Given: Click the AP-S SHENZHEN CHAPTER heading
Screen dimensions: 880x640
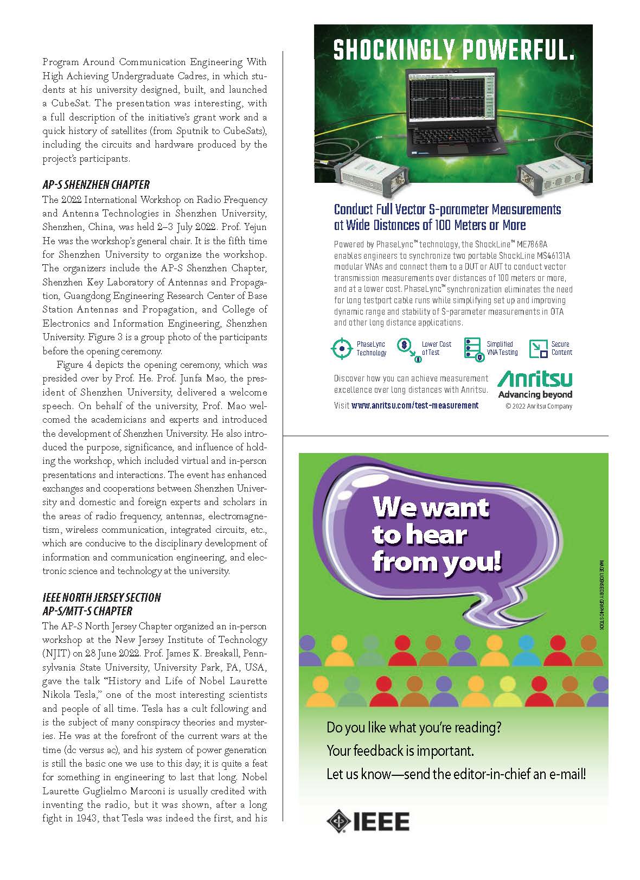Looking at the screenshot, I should coord(96,184).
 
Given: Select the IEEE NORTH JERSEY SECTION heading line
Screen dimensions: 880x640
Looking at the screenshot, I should coord(101,597).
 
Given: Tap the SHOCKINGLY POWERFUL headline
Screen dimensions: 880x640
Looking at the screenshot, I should coord(453,51).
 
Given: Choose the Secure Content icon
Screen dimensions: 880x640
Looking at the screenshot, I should coord(538,348).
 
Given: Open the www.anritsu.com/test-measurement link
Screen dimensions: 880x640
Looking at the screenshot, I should coord(415,405).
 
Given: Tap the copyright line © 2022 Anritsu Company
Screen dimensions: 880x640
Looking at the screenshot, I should coord(538,406).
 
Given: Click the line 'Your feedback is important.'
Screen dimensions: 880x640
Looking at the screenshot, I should coord(400,751).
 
